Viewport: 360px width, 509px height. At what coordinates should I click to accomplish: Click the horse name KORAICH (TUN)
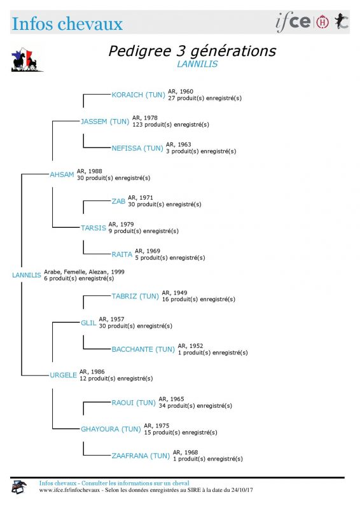[x=138, y=95]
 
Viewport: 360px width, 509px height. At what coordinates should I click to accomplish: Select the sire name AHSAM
[x=62, y=174]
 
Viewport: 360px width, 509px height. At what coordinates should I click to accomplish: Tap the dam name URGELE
[x=64, y=375]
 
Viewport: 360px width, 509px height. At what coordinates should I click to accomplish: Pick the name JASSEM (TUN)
[x=105, y=122]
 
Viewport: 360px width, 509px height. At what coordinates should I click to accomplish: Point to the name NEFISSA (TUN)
[x=137, y=148]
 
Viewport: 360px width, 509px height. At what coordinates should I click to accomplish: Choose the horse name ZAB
[x=118, y=201]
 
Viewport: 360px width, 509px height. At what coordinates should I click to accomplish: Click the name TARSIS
[x=93, y=228]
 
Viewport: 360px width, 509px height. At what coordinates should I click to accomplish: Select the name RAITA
[x=122, y=254]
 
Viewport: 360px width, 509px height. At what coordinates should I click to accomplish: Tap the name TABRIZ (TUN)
[x=135, y=296]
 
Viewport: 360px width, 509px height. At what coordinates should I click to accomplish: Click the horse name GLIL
[x=88, y=323]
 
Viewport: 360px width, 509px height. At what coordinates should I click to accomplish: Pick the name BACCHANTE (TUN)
[x=143, y=349]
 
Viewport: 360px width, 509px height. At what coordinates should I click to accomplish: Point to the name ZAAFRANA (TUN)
[x=141, y=456]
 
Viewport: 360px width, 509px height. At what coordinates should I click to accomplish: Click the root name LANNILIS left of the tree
[x=27, y=275]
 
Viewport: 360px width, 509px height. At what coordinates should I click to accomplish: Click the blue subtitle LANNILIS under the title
[x=197, y=64]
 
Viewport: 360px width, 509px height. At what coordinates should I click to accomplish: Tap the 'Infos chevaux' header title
[x=67, y=24]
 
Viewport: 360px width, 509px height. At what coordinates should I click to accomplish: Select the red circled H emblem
[x=322, y=22]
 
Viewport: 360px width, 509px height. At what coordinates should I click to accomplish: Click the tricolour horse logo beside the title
[x=26, y=60]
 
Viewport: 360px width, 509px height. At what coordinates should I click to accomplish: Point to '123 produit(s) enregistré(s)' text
[x=170, y=125]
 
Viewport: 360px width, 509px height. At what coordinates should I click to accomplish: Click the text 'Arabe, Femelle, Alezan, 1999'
[x=84, y=272]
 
